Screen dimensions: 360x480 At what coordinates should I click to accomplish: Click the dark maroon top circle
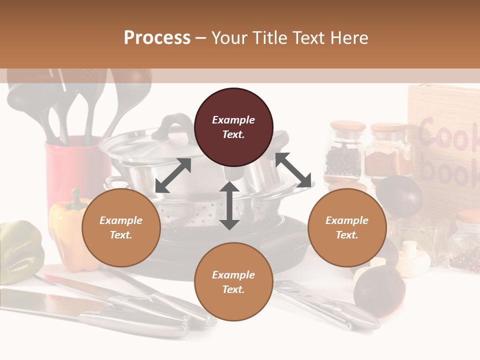(233, 127)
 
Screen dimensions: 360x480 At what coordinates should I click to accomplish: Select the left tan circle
(121, 227)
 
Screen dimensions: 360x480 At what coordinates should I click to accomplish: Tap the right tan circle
(347, 227)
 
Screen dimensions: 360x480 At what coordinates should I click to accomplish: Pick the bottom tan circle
(233, 282)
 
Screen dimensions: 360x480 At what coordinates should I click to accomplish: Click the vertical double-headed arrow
(229, 205)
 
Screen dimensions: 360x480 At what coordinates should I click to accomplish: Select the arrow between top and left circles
(173, 175)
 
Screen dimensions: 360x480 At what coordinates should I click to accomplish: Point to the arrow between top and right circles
(293, 170)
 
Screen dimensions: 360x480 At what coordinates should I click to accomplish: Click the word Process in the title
(157, 38)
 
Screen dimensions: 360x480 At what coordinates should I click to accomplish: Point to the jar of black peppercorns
(343, 152)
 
